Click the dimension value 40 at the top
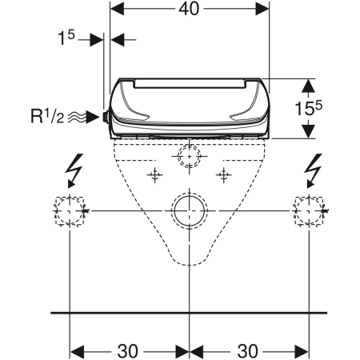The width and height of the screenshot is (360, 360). (x=189, y=9)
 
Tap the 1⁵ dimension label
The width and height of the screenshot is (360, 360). (x=66, y=38)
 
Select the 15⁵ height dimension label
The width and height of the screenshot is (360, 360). (x=308, y=108)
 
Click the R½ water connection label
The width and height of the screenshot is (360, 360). (x=47, y=116)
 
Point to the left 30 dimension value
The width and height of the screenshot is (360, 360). (x=128, y=351)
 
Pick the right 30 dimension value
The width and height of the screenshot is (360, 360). (x=248, y=351)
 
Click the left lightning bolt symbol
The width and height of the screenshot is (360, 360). (x=75, y=170)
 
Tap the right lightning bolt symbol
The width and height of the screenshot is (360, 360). (x=314, y=170)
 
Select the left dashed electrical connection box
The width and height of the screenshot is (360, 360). (x=70, y=197)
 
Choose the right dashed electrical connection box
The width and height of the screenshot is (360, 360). (x=309, y=197)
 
